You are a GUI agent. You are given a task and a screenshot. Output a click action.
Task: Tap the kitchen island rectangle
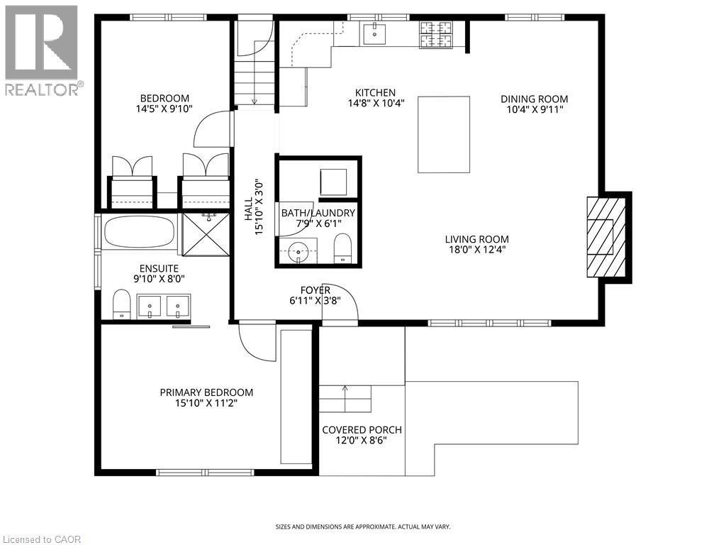coord(444,135)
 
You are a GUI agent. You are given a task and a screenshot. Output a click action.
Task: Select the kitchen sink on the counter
coord(374,33)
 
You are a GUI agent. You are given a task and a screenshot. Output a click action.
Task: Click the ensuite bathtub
coord(139,231)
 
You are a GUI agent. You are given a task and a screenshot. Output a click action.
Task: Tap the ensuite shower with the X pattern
coord(206,233)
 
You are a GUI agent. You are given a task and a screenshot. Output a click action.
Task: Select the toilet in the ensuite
coord(121,304)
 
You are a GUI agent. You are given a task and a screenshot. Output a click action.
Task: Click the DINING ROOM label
coord(534,99)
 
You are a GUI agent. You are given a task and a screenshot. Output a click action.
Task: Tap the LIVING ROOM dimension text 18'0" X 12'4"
coord(476,250)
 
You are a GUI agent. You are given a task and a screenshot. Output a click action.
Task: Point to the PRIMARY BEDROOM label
coord(206,392)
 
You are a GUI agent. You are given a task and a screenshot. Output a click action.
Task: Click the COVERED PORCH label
coord(362,429)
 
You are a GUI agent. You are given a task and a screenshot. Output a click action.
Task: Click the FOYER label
coord(315,290)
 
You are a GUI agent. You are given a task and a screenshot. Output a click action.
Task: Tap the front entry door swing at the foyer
coord(343,303)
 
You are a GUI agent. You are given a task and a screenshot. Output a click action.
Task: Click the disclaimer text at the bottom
coord(362,527)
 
